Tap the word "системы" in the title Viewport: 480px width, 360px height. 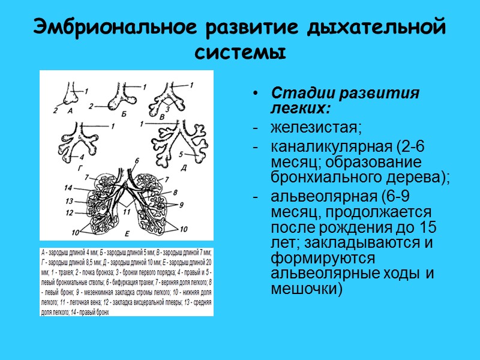pos(240,51)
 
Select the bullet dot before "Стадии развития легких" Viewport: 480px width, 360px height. pos(257,95)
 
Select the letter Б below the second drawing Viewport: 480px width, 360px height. pos(124,112)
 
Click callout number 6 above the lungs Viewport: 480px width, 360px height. pos(136,160)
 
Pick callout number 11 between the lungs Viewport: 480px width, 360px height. pos(125,212)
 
